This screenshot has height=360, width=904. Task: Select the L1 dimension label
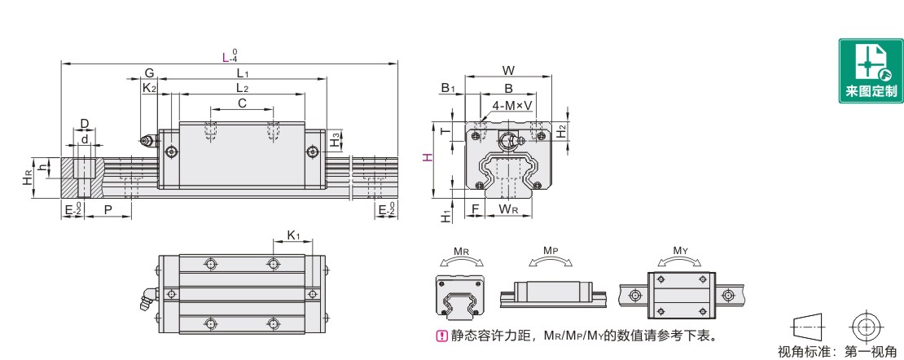(242, 72)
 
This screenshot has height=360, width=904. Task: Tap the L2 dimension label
(242, 87)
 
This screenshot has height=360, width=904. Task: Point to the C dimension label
(242, 103)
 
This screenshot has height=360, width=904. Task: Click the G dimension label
(149, 72)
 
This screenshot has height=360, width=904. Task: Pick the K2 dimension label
(149, 87)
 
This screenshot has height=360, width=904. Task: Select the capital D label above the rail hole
(84, 123)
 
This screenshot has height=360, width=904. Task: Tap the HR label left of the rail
(28, 178)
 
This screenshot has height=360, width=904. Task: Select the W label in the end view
(509, 71)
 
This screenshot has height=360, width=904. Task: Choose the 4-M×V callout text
(512, 105)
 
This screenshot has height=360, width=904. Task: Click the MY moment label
(678, 251)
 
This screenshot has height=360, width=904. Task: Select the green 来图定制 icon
(870, 72)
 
